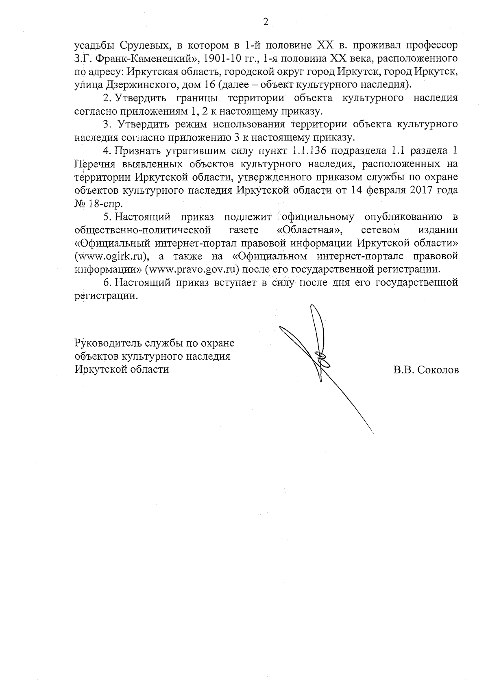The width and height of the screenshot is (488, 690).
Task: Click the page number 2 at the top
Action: [x=266, y=22]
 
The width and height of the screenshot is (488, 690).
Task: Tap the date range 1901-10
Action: [x=220, y=58]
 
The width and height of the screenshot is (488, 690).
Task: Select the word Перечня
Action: [x=92, y=164]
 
